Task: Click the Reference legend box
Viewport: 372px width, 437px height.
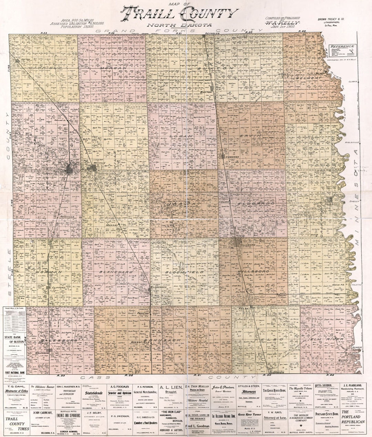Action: pyautogui.click(x=342, y=50)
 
